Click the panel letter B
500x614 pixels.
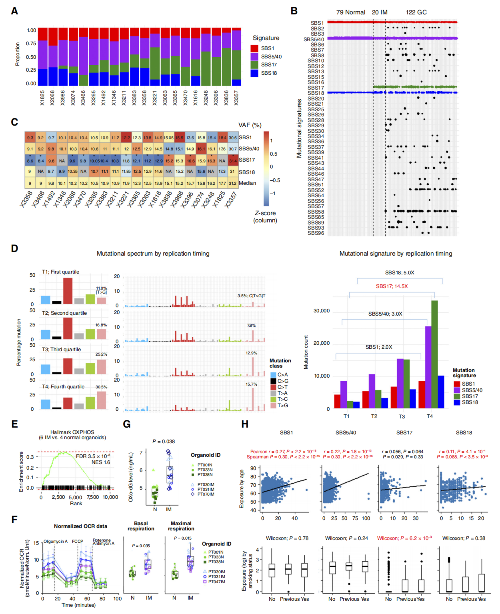point(294,11)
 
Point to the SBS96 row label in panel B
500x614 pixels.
point(316,233)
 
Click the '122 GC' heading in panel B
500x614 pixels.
point(416,12)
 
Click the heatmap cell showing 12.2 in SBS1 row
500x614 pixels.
point(126,138)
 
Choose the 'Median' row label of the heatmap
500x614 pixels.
point(247,183)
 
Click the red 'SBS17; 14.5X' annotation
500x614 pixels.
point(392,286)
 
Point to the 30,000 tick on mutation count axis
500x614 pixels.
point(321,311)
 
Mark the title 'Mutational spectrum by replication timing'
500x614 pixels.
point(153,254)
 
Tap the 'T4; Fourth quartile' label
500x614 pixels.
point(63,387)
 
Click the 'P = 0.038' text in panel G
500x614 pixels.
point(164,442)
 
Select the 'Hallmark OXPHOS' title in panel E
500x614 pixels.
point(72,432)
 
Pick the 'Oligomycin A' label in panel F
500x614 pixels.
point(56,541)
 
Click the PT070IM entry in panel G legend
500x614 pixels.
point(206,494)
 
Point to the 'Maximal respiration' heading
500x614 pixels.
point(181,526)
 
